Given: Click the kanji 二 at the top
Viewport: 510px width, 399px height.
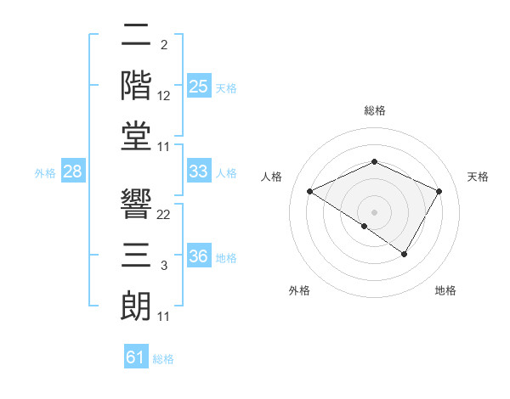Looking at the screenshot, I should tap(137, 37).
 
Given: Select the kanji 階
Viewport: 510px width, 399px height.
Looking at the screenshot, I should tap(137, 86).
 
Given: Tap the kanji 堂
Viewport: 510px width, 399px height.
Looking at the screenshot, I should tap(137, 136).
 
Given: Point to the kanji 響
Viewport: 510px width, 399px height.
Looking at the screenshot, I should tap(137, 204).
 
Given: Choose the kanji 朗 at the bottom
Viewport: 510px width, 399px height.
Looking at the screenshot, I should tap(137, 306).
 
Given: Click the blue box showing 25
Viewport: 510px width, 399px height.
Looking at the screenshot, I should tap(199, 87).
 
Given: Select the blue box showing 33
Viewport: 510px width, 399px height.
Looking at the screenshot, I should tap(199, 171).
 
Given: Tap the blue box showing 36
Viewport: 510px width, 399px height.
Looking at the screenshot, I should tap(199, 256).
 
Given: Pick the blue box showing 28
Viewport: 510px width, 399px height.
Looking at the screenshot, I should tap(72, 171).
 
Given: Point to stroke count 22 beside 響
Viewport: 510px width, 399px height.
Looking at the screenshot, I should tap(164, 215).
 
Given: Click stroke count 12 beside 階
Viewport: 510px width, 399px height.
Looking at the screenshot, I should tap(164, 97).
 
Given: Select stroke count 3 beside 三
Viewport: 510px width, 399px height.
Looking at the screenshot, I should tap(164, 267).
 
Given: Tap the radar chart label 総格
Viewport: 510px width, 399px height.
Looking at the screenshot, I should tap(374, 110).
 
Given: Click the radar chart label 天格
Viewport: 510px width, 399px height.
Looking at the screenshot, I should tap(478, 177).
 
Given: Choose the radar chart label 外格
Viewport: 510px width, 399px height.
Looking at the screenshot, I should tap(299, 290).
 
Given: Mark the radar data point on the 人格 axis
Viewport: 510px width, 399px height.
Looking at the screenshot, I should tap(310, 191).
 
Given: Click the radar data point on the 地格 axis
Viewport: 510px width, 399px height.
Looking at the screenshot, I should tap(405, 254).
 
